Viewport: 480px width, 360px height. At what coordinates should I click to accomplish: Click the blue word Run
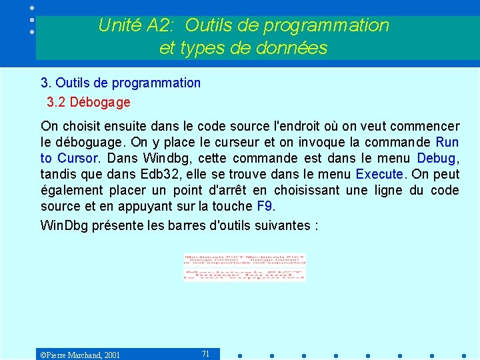(x=447, y=142)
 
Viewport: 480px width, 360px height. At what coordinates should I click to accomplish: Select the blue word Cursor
(x=79, y=158)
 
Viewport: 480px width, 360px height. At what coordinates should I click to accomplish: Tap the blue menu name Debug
(x=437, y=158)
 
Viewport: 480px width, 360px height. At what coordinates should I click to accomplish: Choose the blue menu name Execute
(x=380, y=174)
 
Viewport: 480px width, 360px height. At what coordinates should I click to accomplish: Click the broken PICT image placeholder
(x=244, y=267)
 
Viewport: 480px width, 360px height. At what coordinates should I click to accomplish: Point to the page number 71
(x=205, y=353)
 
